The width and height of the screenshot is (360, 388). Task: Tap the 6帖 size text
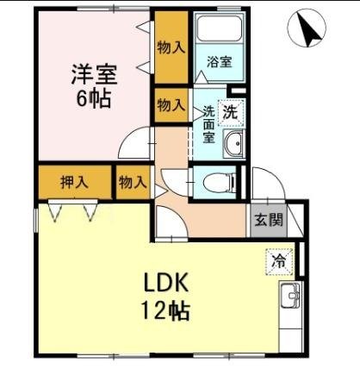click(92, 98)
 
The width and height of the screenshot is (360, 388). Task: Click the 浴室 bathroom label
click(219, 62)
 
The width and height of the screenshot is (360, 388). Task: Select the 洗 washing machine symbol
click(230, 111)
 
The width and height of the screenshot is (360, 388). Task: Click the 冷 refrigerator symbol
click(277, 259)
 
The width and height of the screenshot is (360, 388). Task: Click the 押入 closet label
click(74, 182)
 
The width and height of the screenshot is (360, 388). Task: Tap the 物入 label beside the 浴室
click(171, 47)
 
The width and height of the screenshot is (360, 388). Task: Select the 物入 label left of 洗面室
click(171, 105)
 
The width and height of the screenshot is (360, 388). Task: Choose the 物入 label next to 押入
click(133, 182)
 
